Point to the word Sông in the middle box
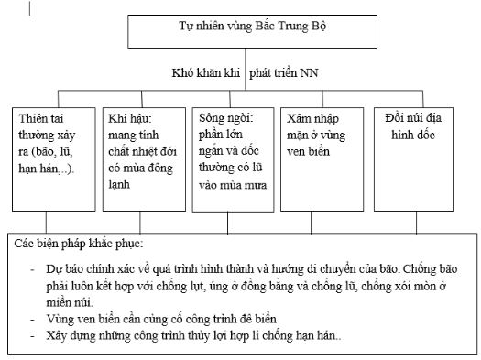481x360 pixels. click(213, 119)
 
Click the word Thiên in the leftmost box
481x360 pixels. click(36, 119)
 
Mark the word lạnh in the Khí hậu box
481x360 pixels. click(120, 185)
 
